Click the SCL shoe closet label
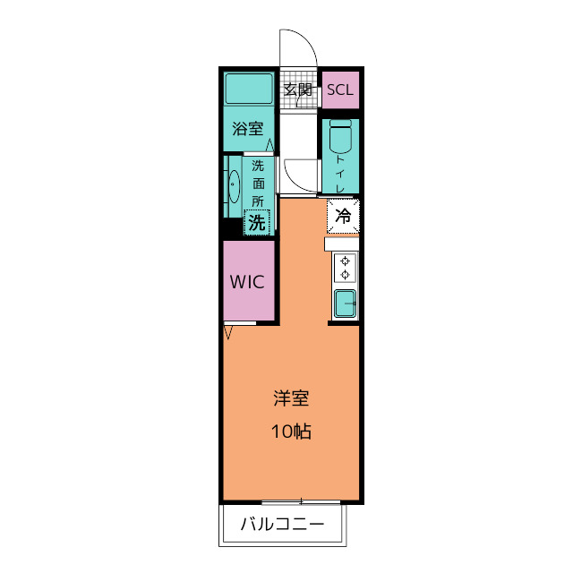(x=340, y=90)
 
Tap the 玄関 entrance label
(x=298, y=90)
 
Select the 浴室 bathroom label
(x=248, y=129)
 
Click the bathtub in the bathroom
(x=249, y=89)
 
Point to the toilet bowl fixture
(x=340, y=135)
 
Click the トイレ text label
(x=340, y=174)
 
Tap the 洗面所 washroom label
(x=258, y=184)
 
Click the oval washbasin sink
(x=234, y=186)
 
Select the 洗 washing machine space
(x=257, y=222)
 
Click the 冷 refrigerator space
(x=343, y=216)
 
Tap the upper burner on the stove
(x=345, y=261)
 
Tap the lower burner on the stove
(x=345, y=275)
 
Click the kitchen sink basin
(x=345, y=304)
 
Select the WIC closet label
(x=247, y=282)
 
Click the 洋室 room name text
(x=291, y=398)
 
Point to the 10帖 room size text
(x=291, y=432)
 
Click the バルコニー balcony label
(x=283, y=525)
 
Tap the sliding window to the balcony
(x=301, y=502)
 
